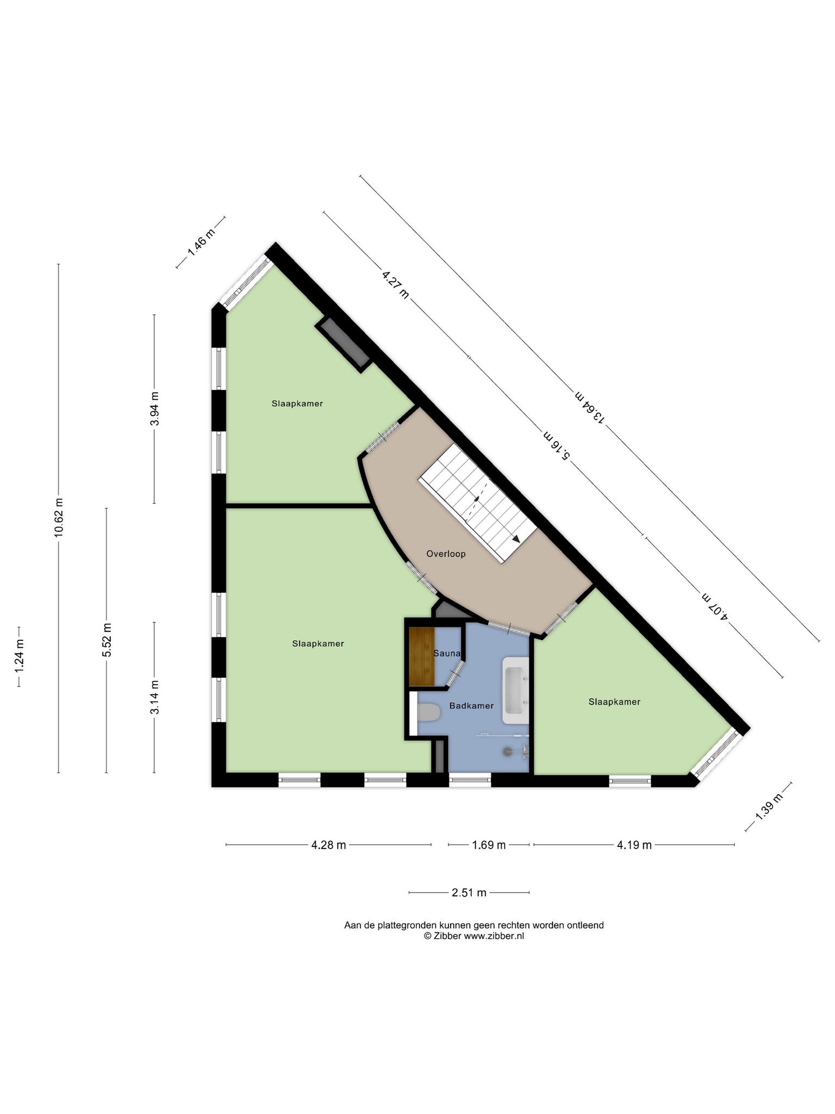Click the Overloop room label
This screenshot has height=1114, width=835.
click(x=446, y=554)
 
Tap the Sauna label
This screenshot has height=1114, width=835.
click(x=447, y=653)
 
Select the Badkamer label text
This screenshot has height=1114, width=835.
click(x=471, y=705)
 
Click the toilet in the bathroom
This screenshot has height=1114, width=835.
click(x=428, y=713)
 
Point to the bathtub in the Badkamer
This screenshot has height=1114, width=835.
click(x=515, y=690)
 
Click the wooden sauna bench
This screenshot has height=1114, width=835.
click(x=422, y=657)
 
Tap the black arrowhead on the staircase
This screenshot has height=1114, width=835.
click(x=515, y=539)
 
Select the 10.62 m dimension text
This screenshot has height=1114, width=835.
click(x=59, y=518)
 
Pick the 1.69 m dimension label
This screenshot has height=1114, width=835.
click(x=489, y=845)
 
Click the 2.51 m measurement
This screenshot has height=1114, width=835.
click(x=469, y=893)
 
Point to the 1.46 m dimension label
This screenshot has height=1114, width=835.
click(x=201, y=242)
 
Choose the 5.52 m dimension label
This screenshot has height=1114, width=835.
click(x=107, y=640)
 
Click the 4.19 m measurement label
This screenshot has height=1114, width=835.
click(x=634, y=845)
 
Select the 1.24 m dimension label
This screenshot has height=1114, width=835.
click(x=19, y=657)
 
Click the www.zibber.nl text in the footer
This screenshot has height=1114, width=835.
click(x=494, y=936)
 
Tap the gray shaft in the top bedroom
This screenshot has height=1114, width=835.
click(x=344, y=345)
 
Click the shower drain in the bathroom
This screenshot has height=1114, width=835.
click(x=507, y=751)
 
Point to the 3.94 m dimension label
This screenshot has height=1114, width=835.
click(x=154, y=409)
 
